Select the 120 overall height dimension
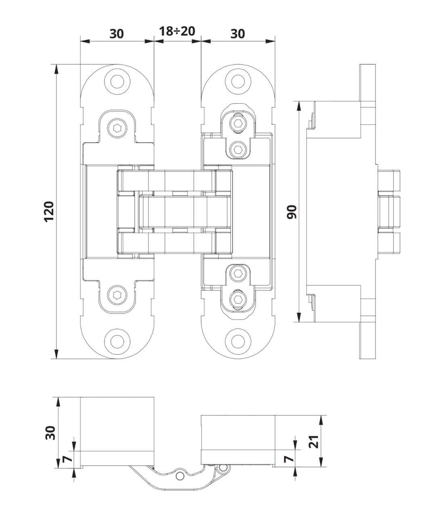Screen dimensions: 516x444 [x=49, y=211]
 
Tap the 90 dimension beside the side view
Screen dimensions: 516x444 [x=291, y=211]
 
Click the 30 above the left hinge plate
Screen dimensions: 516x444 [x=117, y=33]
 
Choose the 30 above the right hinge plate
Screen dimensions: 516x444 [x=238, y=33]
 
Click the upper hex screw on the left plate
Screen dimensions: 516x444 [x=117, y=128]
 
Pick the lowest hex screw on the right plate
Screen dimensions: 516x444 [x=238, y=299]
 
